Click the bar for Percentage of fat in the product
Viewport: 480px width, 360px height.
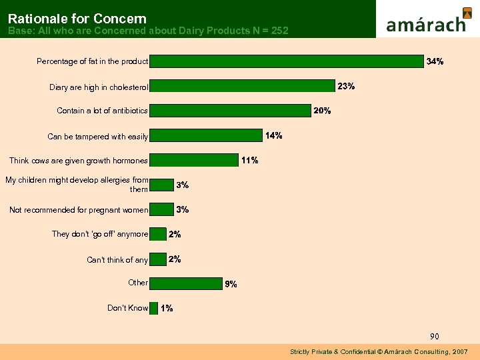click(286, 61)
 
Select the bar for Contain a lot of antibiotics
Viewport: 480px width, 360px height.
click(230, 111)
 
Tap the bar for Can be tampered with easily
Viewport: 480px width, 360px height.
click(205, 136)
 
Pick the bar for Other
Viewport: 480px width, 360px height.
click(185, 283)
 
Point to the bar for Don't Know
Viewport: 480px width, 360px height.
click(153, 308)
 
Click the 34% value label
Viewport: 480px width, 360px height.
click(435, 61)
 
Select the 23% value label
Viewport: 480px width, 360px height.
click(346, 86)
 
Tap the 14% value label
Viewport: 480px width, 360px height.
click(273, 135)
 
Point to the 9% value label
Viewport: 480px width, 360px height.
click(231, 284)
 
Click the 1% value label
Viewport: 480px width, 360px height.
click(167, 308)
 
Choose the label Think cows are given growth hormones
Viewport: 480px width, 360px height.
click(78, 161)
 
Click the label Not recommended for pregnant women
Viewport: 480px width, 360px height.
click(79, 211)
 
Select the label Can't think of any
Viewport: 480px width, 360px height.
click(117, 260)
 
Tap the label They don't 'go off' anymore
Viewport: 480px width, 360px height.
click(100, 234)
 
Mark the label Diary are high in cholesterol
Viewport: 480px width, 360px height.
click(99, 87)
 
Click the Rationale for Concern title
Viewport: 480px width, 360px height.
click(77, 19)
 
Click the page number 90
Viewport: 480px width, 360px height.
click(434, 336)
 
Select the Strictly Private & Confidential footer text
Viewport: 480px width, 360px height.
click(379, 351)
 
